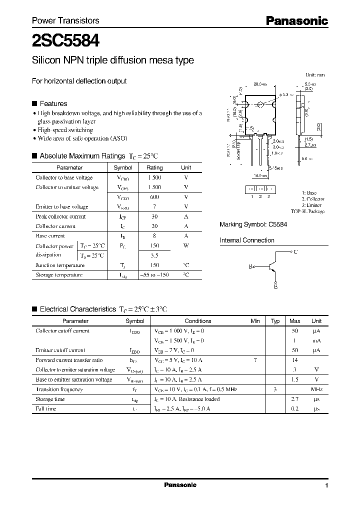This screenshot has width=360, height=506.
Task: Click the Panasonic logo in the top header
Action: pyautogui.click(x=296, y=20)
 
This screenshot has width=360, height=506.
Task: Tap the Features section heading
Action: pyautogui.click(x=53, y=103)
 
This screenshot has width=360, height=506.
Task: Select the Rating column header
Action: pyautogui.click(x=154, y=168)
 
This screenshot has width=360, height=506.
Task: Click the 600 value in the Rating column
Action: pyautogui.click(x=154, y=197)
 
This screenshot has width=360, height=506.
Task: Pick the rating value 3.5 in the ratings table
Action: pyautogui.click(x=154, y=255)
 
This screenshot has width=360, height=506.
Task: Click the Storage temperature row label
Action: pyautogui.click(x=59, y=274)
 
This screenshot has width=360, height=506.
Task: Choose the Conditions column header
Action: pyautogui.click(x=198, y=321)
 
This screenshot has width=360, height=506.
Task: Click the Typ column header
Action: pyautogui.click(x=275, y=321)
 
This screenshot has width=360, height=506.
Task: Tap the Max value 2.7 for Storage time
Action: pyautogui.click(x=295, y=399)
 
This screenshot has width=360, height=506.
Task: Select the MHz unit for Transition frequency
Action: pyautogui.click(x=316, y=389)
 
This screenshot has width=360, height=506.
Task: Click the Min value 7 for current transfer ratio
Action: pyautogui.click(x=255, y=360)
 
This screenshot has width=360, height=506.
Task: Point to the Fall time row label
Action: pyautogui.click(x=46, y=408)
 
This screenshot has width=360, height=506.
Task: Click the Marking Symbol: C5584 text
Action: pyautogui.click(x=253, y=225)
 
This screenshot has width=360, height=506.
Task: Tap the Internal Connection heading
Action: pyautogui.click(x=247, y=240)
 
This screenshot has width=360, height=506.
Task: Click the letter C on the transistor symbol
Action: pyautogui.click(x=295, y=252)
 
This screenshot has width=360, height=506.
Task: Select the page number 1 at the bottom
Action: pyautogui.click(x=326, y=485)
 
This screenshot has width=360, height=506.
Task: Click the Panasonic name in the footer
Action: pyautogui.click(x=180, y=485)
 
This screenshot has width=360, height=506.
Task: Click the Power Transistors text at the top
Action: pyautogui.click(x=65, y=20)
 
